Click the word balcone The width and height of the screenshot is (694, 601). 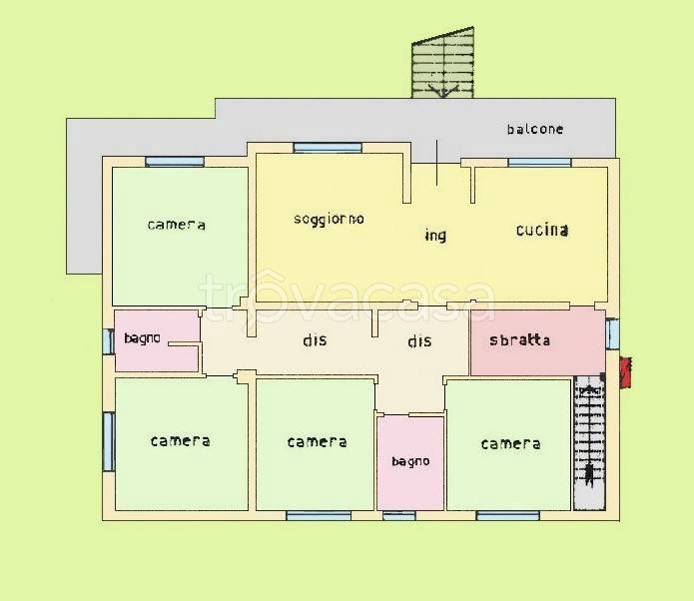tap(535, 129)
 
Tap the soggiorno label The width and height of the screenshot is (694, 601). tap(329, 219)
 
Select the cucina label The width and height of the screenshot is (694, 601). tap(542, 230)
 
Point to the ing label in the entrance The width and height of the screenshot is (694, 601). tap(435, 235)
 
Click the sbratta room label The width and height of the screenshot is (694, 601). tap(520, 339)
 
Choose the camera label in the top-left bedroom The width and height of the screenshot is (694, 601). tap(176, 225)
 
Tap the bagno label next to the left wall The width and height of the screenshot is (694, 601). tap(142, 338)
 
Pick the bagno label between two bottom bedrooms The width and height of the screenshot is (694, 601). tap(410, 461)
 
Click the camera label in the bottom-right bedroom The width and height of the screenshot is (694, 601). tap(510, 444)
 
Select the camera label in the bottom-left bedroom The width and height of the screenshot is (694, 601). tap(180, 441)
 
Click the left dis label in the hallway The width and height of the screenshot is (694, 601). tap(315, 339)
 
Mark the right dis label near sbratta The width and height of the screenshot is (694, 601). tap(419, 340)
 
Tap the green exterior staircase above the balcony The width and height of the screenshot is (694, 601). tap(443, 63)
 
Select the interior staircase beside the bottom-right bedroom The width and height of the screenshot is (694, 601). tap(589, 442)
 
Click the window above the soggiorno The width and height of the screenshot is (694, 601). tap(328, 148)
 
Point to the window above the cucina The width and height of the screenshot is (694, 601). tap(539, 163)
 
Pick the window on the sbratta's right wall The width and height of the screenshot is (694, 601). tap(612, 333)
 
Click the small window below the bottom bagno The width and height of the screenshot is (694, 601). tap(399, 515)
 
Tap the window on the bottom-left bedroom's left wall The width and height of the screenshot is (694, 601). tap(109, 441)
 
